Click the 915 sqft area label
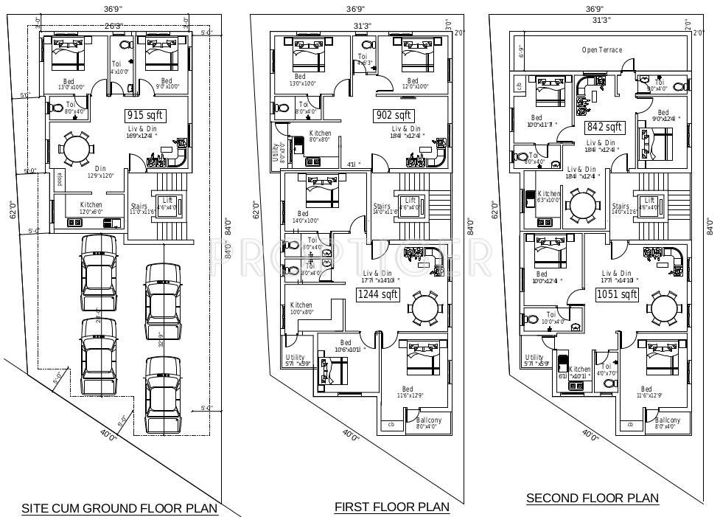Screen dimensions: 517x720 point(145,115)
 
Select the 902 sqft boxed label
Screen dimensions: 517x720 point(394,115)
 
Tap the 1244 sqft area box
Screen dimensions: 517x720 point(377,294)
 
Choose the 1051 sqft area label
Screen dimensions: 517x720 point(617,294)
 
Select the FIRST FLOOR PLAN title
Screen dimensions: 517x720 point(391,507)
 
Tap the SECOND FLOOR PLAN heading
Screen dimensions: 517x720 point(592,499)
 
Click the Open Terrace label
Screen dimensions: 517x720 point(601,50)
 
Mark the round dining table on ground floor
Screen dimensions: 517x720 point(77,150)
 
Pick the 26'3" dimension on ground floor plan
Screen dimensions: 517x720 point(113,26)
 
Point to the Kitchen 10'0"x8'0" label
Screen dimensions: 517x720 point(301,308)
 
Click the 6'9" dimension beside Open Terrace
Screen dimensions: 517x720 point(520,52)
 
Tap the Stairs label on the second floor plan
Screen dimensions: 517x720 point(621,209)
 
